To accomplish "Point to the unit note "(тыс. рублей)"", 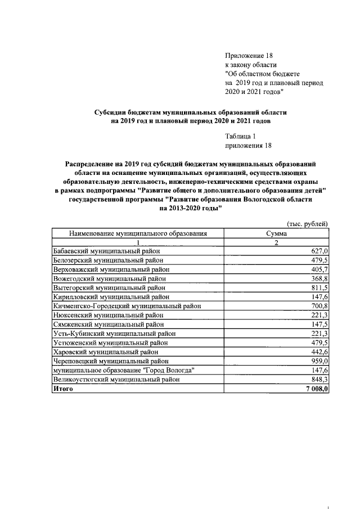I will [x=307, y=223].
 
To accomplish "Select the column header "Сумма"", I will [x=276, y=233].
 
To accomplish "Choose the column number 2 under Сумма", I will [x=276, y=242].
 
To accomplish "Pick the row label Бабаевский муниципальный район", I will [x=107, y=251].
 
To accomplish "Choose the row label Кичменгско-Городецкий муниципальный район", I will [x=127, y=306].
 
